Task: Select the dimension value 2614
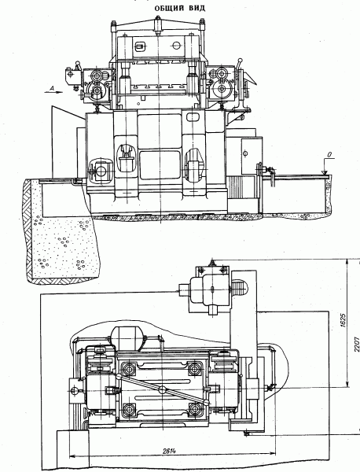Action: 169,451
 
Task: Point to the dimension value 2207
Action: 357,344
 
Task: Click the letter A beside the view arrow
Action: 51,87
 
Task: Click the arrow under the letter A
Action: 53,92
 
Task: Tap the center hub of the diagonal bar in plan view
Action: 162,389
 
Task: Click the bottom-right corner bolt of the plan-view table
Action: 195,409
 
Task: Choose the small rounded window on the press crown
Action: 139,46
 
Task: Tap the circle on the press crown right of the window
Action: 176,46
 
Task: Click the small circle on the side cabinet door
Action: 246,154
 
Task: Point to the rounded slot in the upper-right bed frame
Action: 193,116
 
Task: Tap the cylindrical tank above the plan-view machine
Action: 128,338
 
